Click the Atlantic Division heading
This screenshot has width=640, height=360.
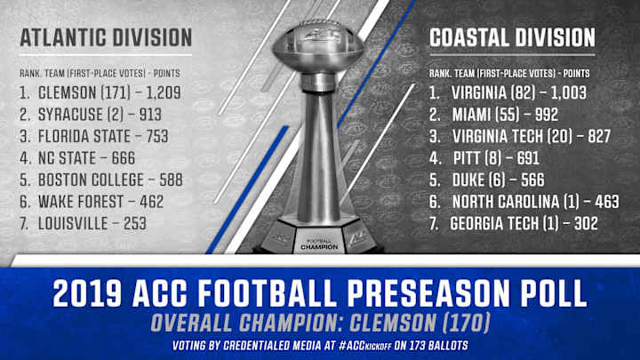click(106, 37)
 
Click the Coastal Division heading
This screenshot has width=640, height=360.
click(512, 37)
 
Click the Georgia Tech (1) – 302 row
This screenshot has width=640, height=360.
click(524, 225)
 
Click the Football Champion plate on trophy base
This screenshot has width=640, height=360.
click(319, 244)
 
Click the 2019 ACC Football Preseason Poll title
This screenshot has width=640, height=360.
click(320, 292)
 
